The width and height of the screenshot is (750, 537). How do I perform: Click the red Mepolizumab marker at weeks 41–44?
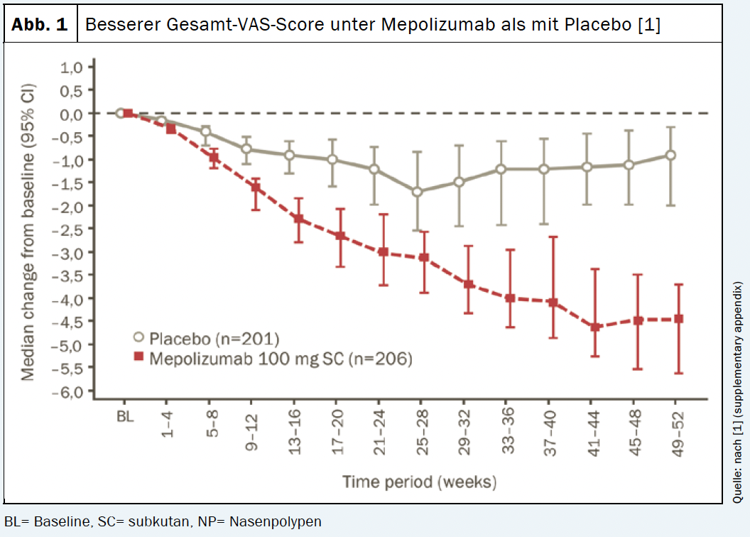coord(595,327)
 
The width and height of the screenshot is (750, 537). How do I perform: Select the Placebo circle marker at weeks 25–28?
coord(418,192)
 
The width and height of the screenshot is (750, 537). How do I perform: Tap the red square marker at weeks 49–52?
coord(678,319)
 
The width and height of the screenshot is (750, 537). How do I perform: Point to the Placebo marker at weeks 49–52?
coord(670,155)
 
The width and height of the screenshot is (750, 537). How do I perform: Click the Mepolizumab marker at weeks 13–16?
coord(298,219)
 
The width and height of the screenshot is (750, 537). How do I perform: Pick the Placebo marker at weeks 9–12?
coord(247,149)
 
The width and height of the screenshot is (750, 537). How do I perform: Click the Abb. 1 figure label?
coord(40,25)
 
